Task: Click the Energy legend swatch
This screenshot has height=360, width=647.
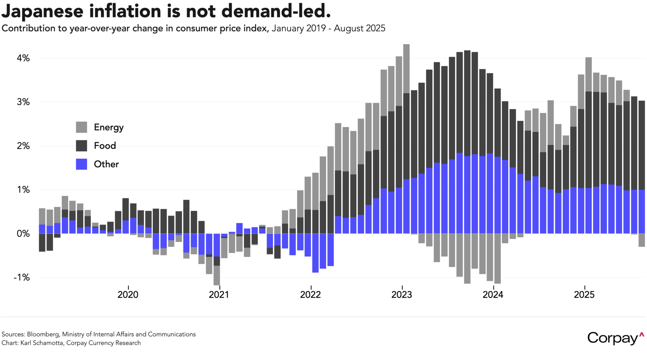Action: tap(81, 127)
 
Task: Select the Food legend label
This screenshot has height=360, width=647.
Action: tap(105, 145)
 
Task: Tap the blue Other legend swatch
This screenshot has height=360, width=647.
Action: tap(81, 164)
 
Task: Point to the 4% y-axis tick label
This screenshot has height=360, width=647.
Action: tap(23, 58)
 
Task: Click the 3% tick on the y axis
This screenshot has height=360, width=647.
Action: tap(23, 102)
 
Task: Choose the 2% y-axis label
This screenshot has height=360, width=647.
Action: tap(23, 146)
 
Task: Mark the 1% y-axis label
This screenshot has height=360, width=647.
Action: tap(23, 190)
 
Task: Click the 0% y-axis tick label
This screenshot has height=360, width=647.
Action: tap(23, 234)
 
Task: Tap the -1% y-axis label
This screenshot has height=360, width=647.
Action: tap(22, 278)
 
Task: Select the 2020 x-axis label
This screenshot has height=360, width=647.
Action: tap(128, 295)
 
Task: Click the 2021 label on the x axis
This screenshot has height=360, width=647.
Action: tap(219, 295)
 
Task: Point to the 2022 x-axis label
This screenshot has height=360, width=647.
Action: tap(310, 295)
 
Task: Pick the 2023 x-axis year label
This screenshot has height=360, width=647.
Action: tap(402, 295)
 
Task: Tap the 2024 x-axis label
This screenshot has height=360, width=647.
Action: tap(493, 295)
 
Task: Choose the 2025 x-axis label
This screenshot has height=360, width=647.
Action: tap(584, 295)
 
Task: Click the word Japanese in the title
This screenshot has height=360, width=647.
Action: tap(43, 12)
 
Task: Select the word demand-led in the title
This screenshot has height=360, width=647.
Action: tap(276, 11)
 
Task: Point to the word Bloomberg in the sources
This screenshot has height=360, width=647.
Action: tap(43, 334)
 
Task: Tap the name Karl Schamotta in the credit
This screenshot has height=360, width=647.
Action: tap(41, 343)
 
